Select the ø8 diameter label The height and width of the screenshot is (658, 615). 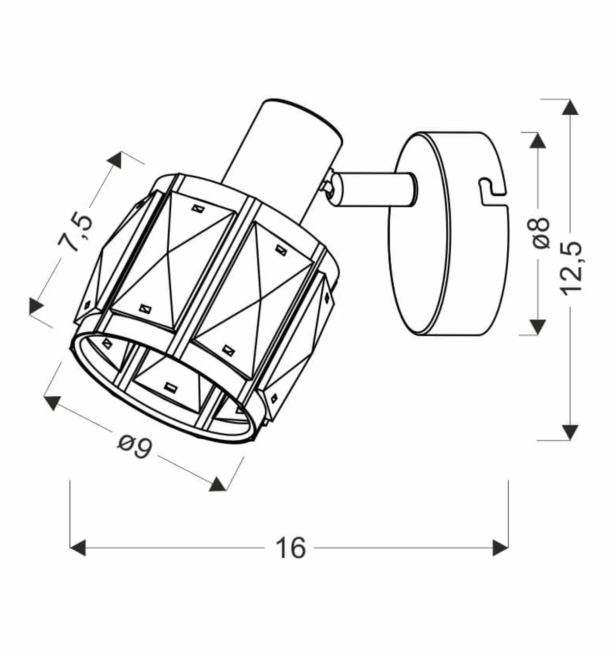541,234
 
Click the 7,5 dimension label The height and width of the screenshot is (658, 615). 76,234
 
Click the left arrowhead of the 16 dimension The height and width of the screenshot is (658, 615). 77,547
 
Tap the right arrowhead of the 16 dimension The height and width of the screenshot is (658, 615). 500,547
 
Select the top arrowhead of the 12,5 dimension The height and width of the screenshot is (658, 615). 570,107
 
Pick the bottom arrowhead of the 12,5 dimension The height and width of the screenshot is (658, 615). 570,433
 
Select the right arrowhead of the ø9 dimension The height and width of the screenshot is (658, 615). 218,484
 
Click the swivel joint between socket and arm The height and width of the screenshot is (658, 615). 329,185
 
